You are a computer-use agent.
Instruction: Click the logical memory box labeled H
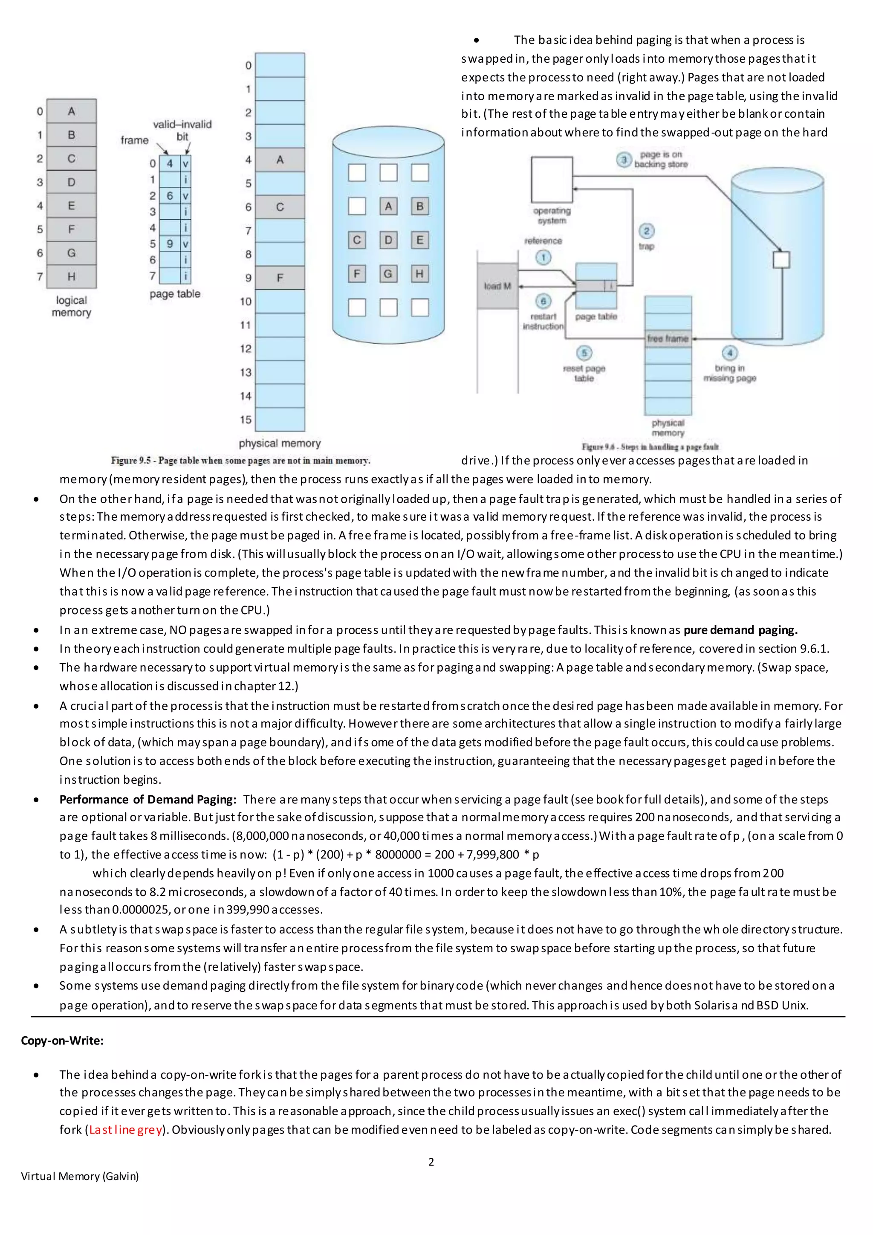pos(72,276)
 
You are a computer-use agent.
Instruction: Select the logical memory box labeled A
pos(72,111)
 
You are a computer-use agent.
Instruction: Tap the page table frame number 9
pos(170,244)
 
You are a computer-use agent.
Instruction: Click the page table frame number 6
pos(170,196)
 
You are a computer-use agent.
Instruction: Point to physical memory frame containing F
pos(280,278)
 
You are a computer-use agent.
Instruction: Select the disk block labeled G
pos(388,274)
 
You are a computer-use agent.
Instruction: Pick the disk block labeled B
pos(420,206)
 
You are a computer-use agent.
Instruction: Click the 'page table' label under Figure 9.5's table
pos(175,294)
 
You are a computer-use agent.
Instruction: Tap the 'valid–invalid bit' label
pos(182,130)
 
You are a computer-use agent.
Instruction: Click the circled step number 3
pos(624,160)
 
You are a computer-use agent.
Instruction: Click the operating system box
pos(552,179)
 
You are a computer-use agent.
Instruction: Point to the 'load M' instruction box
pos(497,286)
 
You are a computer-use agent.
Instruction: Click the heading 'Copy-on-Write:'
pos(62,1040)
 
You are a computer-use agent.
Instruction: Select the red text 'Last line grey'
pos(126,1130)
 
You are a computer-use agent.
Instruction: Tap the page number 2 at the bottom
pos(431,1162)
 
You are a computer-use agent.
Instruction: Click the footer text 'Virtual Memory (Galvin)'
pos(80,1177)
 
